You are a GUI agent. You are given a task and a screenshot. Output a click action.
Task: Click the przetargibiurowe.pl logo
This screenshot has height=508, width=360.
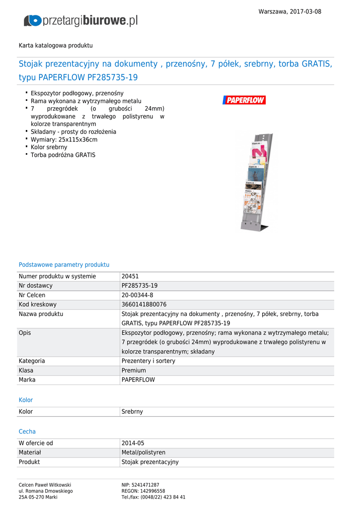tap(80, 20)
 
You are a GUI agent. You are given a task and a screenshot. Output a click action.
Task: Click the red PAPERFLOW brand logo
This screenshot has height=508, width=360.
tap(244, 100)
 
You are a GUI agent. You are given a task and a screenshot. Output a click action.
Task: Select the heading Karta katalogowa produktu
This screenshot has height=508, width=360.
tap(56, 45)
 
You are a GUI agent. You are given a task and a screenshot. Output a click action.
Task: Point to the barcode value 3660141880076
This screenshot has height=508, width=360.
tap(144, 305)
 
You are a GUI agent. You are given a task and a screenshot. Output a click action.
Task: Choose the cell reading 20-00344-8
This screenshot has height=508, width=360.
tap(138, 295)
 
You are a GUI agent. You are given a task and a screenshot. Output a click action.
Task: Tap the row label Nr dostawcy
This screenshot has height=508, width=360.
tap(36, 286)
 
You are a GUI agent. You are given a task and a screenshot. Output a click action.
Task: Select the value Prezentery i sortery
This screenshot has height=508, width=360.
tap(148, 361)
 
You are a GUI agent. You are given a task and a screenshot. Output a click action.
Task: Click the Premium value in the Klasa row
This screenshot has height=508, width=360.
tap(134, 371)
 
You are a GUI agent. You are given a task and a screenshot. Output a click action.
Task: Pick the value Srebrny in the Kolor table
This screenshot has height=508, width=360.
tap(132, 412)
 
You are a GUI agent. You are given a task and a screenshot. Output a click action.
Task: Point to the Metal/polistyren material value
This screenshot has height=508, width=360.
tap(144, 452)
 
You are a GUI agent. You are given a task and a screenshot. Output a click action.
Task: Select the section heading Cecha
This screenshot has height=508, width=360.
tap(27, 432)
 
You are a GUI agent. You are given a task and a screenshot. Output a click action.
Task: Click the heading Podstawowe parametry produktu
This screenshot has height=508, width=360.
tap(64, 265)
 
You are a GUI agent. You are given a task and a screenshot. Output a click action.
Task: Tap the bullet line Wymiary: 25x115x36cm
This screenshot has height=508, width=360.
tap(64, 139)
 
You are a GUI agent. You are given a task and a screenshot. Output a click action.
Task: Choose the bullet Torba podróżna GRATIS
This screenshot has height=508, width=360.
tap(63, 155)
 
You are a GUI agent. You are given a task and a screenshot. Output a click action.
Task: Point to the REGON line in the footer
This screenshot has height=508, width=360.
tap(144, 491)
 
